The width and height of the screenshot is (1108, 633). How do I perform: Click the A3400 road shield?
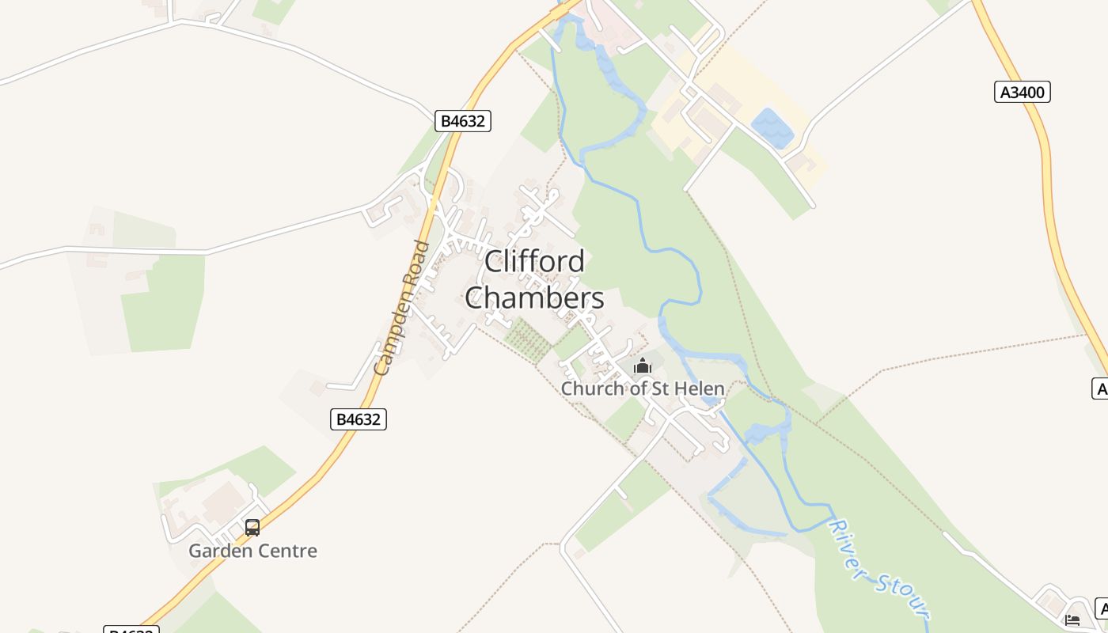[x=1022, y=93]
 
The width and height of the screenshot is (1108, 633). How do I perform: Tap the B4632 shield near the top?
[x=463, y=121]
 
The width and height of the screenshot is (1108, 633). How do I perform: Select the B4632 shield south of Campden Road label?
[x=359, y=419]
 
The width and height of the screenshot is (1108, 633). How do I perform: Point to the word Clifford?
[x=534, y=262]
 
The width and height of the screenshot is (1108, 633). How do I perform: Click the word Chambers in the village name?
[x=534, y=298]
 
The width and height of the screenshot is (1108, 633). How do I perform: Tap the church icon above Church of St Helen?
[x=642, y=366]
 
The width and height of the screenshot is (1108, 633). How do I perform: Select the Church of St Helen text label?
[x=642, y=389]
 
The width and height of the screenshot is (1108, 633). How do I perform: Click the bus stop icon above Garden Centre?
[x=252, y=527]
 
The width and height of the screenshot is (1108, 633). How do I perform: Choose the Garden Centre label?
[x=252, y=551]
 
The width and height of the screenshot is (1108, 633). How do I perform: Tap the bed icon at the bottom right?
[x=1072, y=620]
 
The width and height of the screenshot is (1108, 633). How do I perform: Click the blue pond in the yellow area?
[x=772, y=128]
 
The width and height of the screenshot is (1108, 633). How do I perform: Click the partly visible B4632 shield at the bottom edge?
[x=131, y=630]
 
